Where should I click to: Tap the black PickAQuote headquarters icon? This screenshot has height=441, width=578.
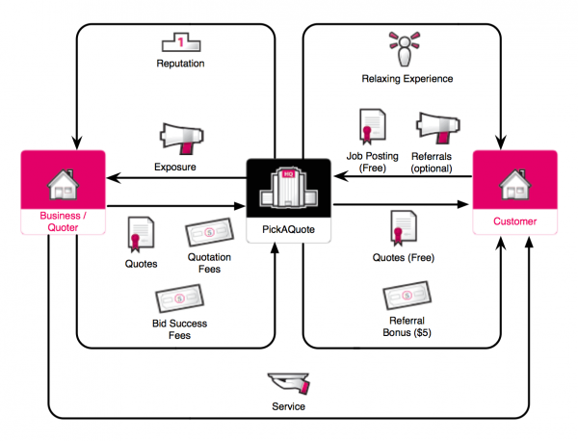coord(289,189)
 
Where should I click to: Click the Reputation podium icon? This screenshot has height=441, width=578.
coord(180,42)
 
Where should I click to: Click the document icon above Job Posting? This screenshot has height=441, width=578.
coord(372,126)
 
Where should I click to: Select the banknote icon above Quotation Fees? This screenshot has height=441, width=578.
coord(206,237)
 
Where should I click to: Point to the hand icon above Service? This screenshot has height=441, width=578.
coord(290,381)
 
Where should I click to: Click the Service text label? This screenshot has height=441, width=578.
coord(290,406)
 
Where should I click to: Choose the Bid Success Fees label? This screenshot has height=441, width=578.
coord(180,328)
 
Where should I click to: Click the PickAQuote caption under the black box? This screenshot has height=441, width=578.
coord(289,231)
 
